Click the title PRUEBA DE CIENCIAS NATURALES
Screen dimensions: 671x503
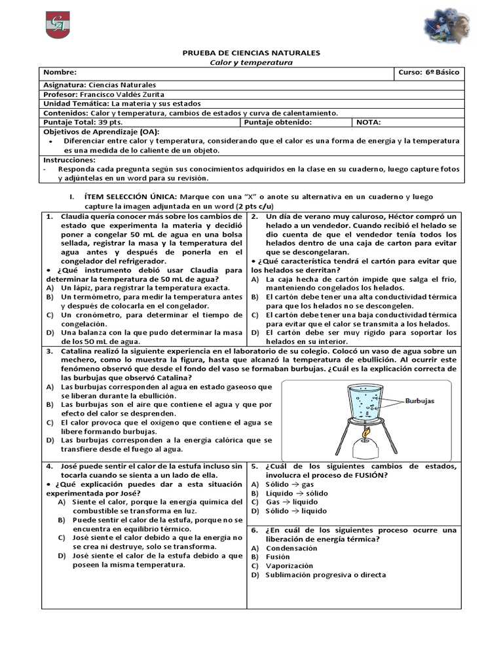(x=251, y=52)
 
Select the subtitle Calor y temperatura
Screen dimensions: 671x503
(x=251, y=62)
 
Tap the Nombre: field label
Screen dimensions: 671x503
(x=60, y=73)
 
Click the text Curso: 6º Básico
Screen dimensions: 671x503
(x=428, y=73)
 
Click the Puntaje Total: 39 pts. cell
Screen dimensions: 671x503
(x=83, y=122)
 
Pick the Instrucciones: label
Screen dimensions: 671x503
(x=69, y=160)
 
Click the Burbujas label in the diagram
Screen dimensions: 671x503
(x=420, y=401)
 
